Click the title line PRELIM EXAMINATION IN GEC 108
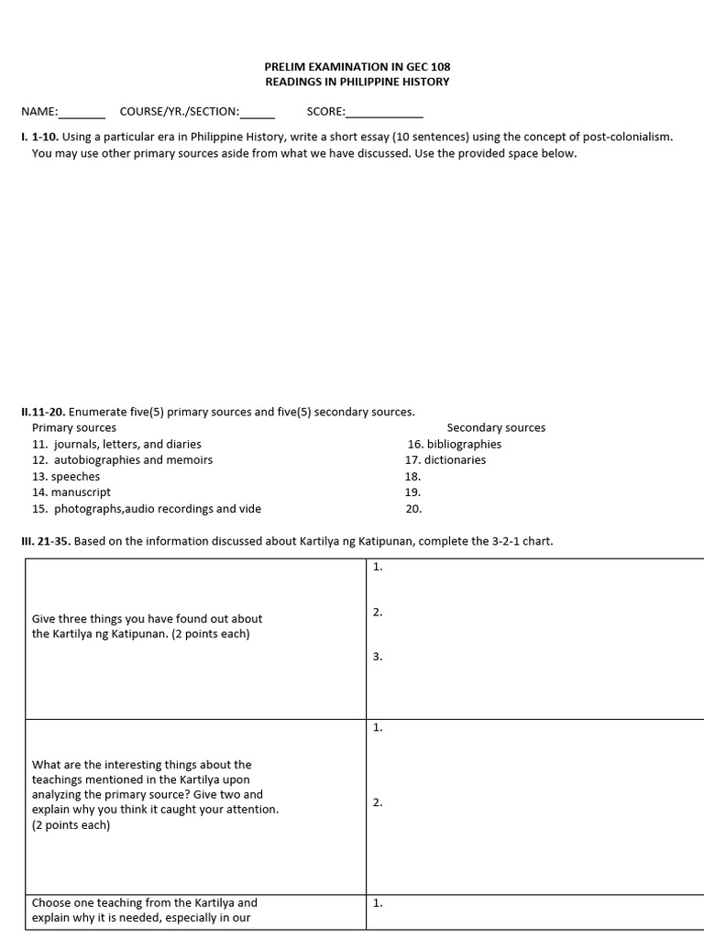click(x=357, y=67)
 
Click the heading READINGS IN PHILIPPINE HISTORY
click(x=357, y=82)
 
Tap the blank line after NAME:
click(x=82, y=114)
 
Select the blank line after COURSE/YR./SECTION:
click(x=258, y=114)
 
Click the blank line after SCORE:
click(x=384, y=114)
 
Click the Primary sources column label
click(x=74, y=427)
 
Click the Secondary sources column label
click(x=496, y=427)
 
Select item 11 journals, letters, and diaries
click(x=116, y=444)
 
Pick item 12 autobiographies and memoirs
click(x=122, y=459)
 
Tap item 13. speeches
click(x=66, y=476)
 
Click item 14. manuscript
click(x=71, y=492)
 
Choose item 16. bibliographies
click(x=455, y=444)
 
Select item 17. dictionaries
click(x=445, y=459)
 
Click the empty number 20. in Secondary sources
click(x=412, y=508)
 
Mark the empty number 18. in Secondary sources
click(x=412, y=476)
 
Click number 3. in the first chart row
click(x=378, y=657)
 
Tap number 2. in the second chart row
click(x=378, y=802)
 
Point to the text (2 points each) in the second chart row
click(x=71, y=824)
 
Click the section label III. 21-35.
click(x=45, y=541)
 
